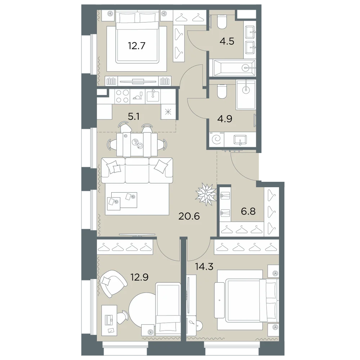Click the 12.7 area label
click(x=136, y=46)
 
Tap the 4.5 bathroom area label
click(x=227, y=41)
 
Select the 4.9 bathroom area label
click(x=225, y=119)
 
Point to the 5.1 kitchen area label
click(x=134, y=117)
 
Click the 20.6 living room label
click(x=189, y=216)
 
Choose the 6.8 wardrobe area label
click(x=248, y=211)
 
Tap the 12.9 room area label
click(x=140, y=277)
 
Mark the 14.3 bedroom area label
click(x=204, y=267)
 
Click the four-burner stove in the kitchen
click(x=122, y=96)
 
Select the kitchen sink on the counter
click(x=152, y=96)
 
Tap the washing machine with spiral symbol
click(x=216, y=139)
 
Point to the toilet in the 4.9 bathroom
click(x=221, y=91)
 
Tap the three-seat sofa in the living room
click(x=137, y=170)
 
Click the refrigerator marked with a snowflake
click(x=168, y=112)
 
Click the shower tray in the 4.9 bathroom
click(x=246, y=95)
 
